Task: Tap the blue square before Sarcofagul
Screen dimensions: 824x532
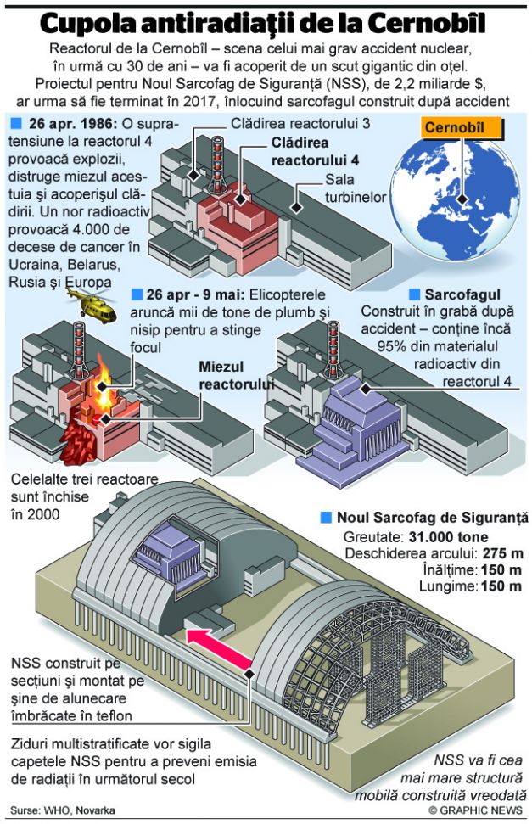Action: tap(415, 294)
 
